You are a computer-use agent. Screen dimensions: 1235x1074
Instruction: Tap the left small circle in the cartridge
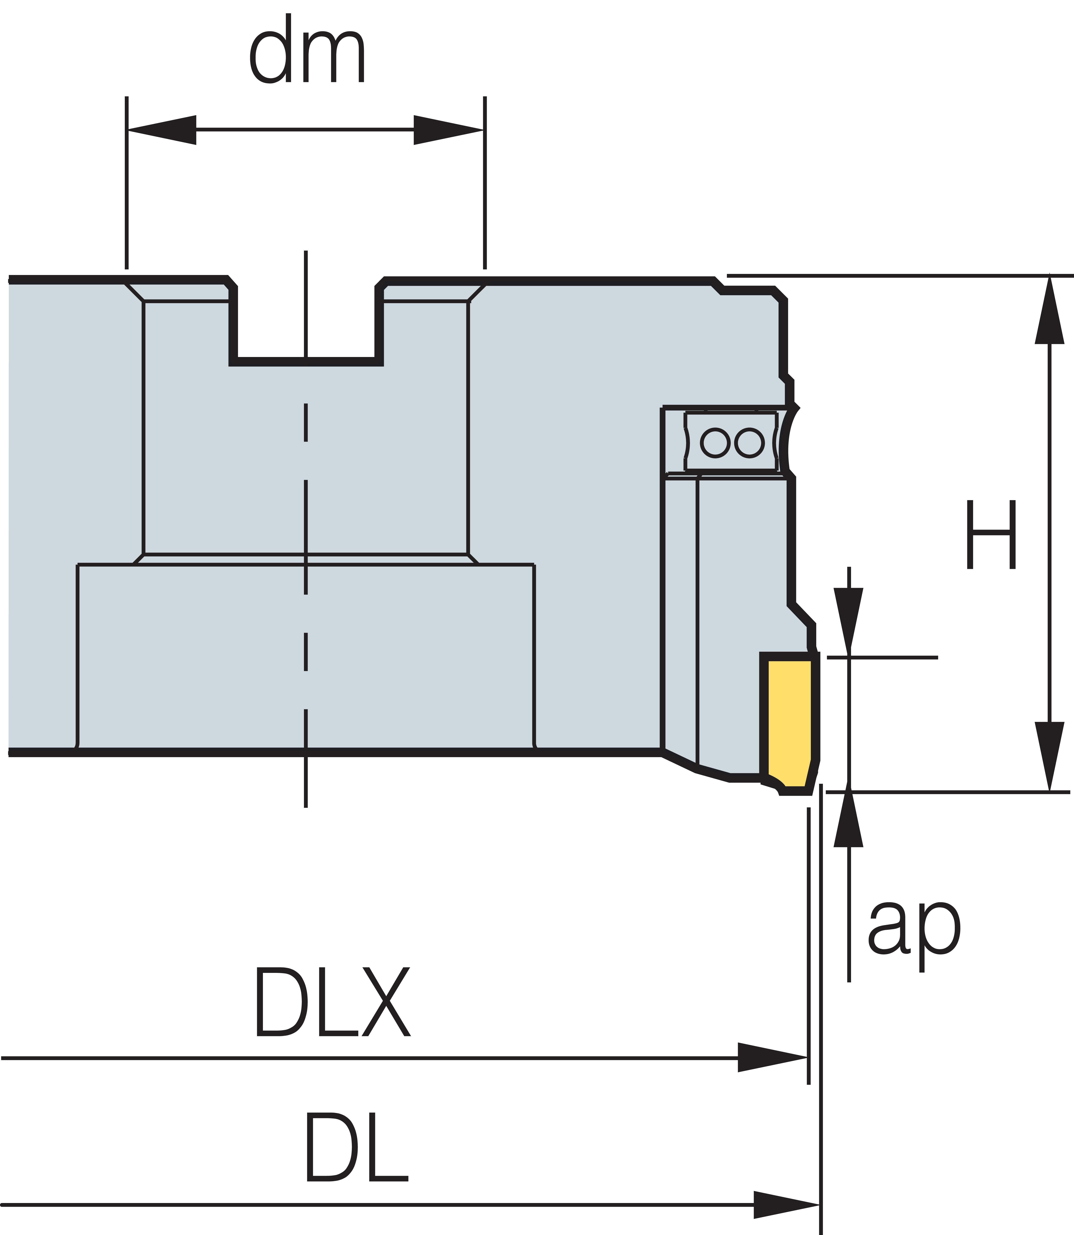pos(715,443)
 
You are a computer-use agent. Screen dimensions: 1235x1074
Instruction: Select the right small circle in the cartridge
pos(749,443)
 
